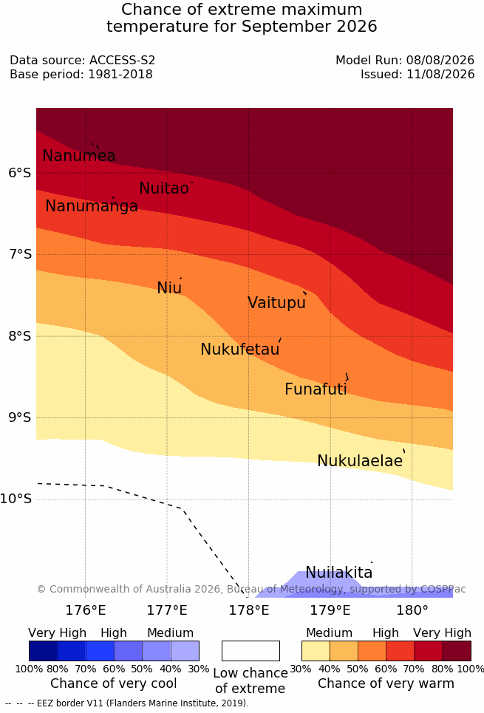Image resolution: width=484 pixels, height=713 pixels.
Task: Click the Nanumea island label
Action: pyautogui.click(x=78, y=155)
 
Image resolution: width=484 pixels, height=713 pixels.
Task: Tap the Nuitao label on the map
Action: pyautogui.click(x=164, y=188)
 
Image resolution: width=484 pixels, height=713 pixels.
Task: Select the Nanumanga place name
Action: pyautogui.click(x=92, y=206)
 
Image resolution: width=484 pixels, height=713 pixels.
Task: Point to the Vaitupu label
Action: pyautogui.click(x=276, y=302)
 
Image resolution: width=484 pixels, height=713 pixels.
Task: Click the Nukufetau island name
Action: pyautogui.click(x=239, y=349)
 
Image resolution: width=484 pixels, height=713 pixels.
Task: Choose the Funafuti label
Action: pyautogui.click(x=316, y=389)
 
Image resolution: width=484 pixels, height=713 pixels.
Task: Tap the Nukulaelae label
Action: pyautogui.click(x=360, y=460)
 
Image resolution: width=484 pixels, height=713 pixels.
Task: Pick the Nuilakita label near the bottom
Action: pyautogui.click(x=339, y=572)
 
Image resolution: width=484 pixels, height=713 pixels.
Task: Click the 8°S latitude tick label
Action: pyautogui.click(x=20, y=336)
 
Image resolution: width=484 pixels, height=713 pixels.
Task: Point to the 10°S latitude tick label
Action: pyautogui.click(x=16, y=499)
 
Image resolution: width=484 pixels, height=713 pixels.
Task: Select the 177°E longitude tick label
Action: pyautogui.click(x=167, y=610)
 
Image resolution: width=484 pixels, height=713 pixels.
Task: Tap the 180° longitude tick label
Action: pyautogui.click(x=412, y=610)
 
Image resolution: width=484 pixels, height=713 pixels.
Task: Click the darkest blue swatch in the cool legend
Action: pyautogui.click(x=43, y=651)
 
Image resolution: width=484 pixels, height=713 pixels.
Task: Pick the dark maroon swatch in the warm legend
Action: pyautogui.click(x=457, y=651)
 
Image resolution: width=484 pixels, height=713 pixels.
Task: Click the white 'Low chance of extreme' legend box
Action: pyautogui.click(x=250, y=651)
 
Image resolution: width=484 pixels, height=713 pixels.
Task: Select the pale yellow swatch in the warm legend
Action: pyautogui.click(x=316, y=651)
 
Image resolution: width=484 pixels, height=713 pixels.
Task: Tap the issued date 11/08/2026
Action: pyautogui.click(x=440, y=74)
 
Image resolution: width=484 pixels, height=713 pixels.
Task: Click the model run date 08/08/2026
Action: pyautogui.click(x=440, y=60)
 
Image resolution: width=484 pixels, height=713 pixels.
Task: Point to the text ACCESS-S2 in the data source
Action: pyautogui.click(x=123, y=60)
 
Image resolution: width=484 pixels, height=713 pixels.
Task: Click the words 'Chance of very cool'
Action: pyautogui.click(x=114, y=683)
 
